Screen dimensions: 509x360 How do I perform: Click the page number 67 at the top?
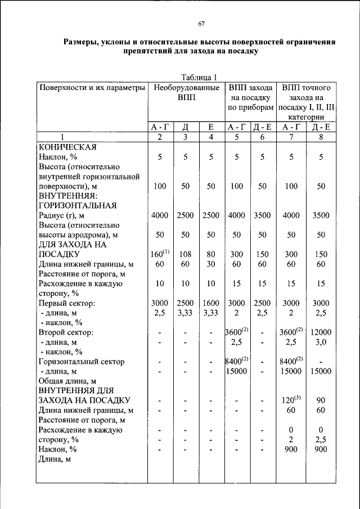(201, 23)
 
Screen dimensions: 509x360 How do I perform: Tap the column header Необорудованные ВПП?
(185, 93)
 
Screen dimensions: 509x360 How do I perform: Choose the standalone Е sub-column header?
(210, 127)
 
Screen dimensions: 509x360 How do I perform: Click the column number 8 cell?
(321, 137)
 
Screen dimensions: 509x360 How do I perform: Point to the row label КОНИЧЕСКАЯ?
(67, 147)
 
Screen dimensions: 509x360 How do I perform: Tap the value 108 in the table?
(186, 254)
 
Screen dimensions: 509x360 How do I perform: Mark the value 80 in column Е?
(210, 254)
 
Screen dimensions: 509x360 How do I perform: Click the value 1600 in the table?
(210, 303)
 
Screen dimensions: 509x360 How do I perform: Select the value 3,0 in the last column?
(321, 342)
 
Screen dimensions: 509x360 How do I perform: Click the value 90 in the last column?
(321, 400)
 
